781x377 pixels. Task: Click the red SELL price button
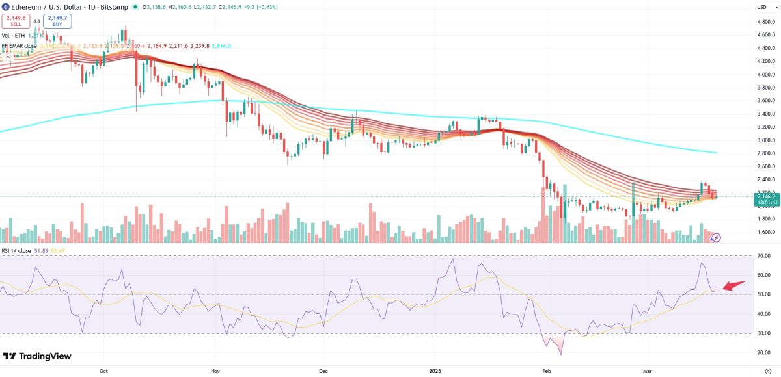tap(16, 21)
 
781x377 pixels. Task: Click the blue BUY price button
tap(57, 21)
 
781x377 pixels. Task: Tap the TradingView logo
tap(37, 356)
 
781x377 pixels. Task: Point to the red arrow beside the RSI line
tap(735, 286)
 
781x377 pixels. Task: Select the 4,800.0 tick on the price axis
tap(765, 21)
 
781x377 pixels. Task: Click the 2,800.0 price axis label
tap(765, 153)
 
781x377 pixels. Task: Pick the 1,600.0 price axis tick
tap(765, 232)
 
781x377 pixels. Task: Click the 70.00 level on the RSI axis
tap(765, 256)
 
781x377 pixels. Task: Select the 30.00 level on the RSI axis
tap(765, 333)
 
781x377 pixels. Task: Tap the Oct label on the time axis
tap(104, 370)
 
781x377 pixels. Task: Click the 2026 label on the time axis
tap(435, 370)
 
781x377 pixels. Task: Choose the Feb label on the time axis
tap(545, 370)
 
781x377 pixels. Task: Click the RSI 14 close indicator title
tap(16, 250)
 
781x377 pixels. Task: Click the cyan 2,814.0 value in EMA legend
tap(221, 46)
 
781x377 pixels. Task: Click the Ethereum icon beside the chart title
tap(5, 7)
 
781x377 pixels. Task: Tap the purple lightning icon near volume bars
tap(715, 238)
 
